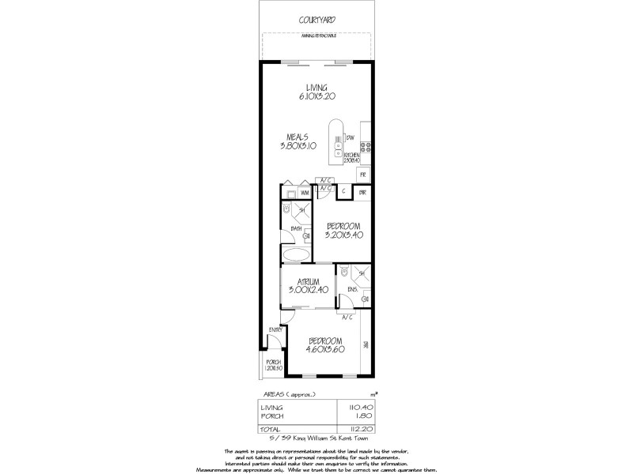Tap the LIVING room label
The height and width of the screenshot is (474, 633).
tap(316, 88)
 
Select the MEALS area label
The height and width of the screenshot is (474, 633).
tap(297, 137)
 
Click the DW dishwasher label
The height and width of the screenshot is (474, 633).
tap(348, 140)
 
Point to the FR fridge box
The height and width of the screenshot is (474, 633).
tap(362, 174)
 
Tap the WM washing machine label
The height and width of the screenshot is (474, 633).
tap(305, 193)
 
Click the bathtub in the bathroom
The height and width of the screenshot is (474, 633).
tap(296, 255)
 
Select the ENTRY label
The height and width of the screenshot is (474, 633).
tap(275, 329)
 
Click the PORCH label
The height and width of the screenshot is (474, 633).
tap(273, 363)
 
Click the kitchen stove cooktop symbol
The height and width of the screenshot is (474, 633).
tap(365, 145)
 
